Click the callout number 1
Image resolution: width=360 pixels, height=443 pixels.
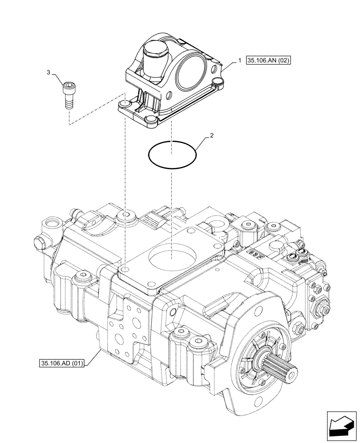tap(240, 60)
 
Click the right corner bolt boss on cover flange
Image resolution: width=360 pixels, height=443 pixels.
tap(217, 82)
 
